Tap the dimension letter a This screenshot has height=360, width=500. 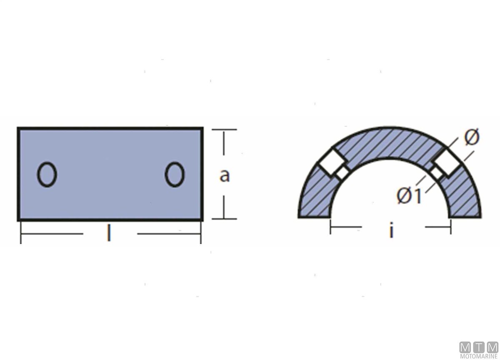click(x=224, y=176)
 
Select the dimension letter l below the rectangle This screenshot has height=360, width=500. click(x=109, y=233)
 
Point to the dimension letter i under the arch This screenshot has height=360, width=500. click(x=391, y=230)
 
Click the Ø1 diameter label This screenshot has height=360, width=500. click(x=409, y=196)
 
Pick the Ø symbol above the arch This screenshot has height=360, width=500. click(x=471, y=137)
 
